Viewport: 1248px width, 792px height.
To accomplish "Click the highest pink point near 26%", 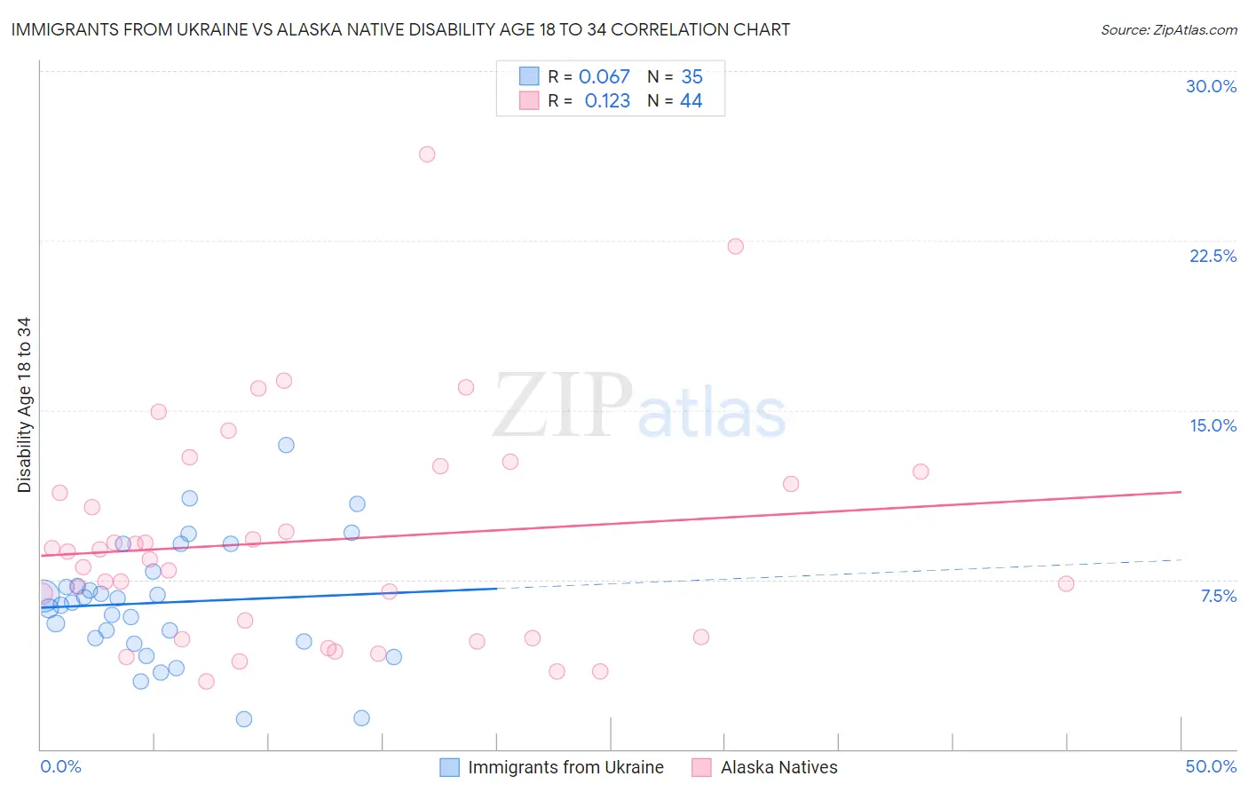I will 427,154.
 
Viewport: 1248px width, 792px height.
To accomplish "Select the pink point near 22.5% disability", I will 735,247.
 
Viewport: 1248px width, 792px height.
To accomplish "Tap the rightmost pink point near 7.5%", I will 1066,584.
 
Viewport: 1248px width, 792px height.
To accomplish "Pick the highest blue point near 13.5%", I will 286,445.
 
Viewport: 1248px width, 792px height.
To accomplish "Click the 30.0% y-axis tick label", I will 1211,86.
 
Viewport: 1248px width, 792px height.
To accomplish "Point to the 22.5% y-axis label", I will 1212,256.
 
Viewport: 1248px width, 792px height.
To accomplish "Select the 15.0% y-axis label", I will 1212,425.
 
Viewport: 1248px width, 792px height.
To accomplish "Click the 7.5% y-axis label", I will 1218,596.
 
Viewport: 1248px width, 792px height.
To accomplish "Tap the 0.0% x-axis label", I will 60,766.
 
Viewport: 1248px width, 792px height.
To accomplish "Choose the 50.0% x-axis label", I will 1211,766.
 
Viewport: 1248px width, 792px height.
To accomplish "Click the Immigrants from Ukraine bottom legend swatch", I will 450,767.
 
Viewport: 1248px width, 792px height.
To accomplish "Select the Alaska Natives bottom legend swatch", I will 702,767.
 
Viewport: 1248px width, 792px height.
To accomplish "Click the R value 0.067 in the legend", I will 604,77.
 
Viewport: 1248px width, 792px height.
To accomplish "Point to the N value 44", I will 691,101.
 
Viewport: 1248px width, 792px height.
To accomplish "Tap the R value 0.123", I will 607,101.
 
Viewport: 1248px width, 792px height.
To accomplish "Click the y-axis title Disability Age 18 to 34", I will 24,405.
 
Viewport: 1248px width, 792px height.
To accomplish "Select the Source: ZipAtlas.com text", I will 1168,30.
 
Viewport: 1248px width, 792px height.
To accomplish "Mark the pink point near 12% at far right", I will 920,471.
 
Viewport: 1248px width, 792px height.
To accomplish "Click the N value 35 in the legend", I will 691,77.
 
